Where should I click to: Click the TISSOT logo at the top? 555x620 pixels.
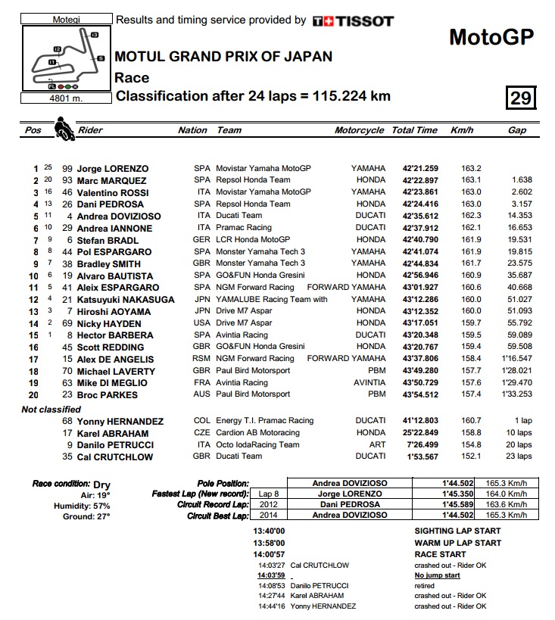(353, 21)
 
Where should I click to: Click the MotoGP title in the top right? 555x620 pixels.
(491, 36)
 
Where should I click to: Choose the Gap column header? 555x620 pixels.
(517, 130)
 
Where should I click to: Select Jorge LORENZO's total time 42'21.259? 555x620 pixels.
(415, 168)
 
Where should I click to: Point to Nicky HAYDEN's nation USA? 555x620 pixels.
(202, 323)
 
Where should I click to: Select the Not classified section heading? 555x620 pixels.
(51, 410)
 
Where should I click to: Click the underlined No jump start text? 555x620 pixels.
(438, 575)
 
